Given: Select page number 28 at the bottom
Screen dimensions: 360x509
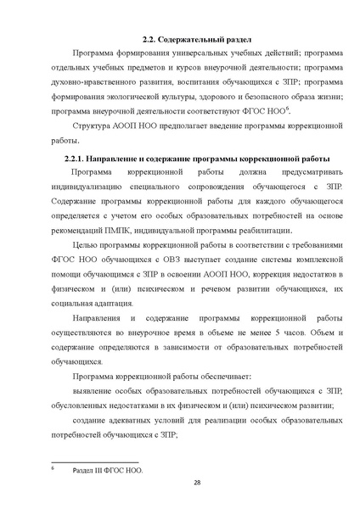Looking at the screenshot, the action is click(197, 482).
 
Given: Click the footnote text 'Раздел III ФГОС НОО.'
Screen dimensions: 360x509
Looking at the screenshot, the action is click(109, 469).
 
